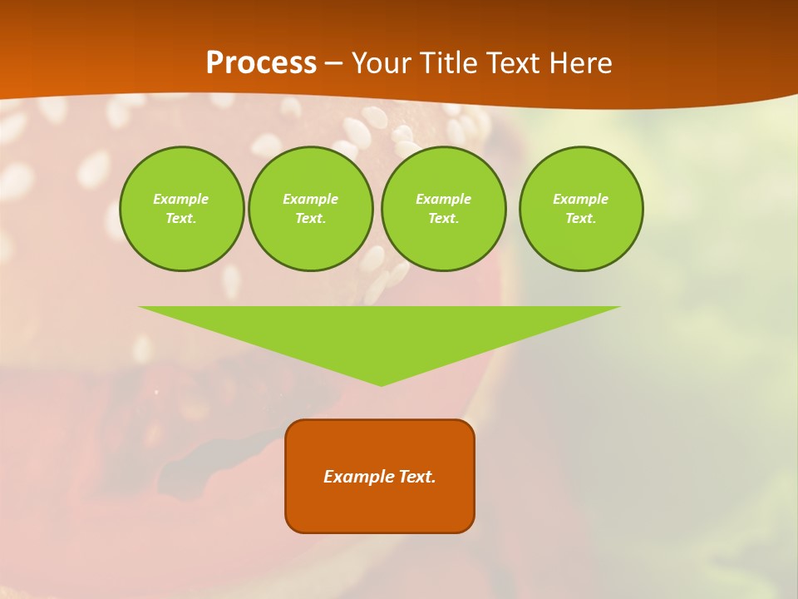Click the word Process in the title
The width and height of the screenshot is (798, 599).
point(261,63)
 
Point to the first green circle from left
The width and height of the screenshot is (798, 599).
point(181,209)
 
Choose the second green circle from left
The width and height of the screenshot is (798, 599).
point(310,209)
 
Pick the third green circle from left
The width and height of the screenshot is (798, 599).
point(443,209)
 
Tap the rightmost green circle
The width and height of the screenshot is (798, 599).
point(581,209)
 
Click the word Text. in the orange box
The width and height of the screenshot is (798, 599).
point(416,477)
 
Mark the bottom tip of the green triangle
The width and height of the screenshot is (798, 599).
point(381,384)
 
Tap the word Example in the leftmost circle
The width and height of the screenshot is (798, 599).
point(181,199)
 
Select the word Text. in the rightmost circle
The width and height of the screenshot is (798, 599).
point(581,218)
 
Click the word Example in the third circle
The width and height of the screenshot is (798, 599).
point(443,199)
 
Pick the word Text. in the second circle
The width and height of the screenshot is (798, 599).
point(310,218)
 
